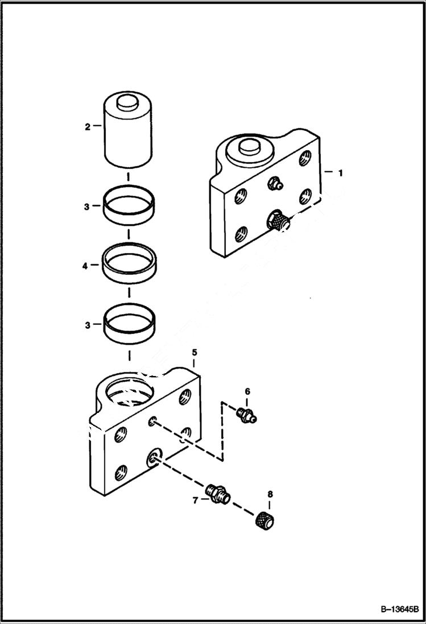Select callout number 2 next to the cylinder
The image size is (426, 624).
click(x=88, y=127)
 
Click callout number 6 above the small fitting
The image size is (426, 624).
click(x=247, y=391)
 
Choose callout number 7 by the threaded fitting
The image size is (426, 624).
click(x=195, y=499)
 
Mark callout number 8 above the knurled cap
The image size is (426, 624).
click(x=270, y=494)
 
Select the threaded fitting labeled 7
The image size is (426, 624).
click(x=218, y=493)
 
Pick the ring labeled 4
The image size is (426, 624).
click(x=130, y=264)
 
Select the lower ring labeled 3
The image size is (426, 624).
click(x=130, y=325)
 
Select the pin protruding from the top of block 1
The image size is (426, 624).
click(x=249, y=147)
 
